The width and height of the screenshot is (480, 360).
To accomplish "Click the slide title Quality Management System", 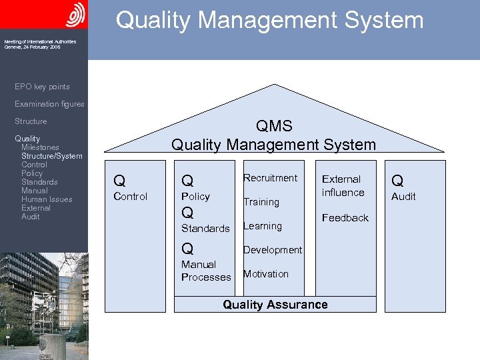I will (x=269, y=20).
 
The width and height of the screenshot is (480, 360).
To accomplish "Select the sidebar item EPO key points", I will (x=42, y=87).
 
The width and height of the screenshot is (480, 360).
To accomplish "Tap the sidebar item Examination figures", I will (x=49, y=104).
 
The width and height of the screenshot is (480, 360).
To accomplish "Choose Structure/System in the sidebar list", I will (x=52, y=156).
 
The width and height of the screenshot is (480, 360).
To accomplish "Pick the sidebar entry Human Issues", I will (x=47, y=199).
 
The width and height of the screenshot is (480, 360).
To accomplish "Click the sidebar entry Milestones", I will (x=40, y=147).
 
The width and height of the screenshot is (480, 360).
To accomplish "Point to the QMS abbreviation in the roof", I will (x=273, y=126).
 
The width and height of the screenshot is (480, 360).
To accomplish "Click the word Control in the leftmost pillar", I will (x=131, y=197).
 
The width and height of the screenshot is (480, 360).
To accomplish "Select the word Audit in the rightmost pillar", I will (x=403, y=197).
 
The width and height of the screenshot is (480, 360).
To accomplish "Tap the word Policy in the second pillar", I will (x=195, y=197).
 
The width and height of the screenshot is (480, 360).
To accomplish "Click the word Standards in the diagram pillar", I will (x=205, y=229).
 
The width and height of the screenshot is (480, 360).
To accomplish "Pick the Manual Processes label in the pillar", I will (x=206, y=271).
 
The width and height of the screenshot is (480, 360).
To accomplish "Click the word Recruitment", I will (x=270, y=178).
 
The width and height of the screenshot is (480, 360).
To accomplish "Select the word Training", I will (x=261, y=202).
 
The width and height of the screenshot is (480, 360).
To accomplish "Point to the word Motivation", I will (x=265, y=274).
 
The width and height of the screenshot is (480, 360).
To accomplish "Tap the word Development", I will (x=272, y=250).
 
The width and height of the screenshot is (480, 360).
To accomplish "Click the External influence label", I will (x=343, y=186).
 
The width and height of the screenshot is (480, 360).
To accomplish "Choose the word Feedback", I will (x=345, y=218).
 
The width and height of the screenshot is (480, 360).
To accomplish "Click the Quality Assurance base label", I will (x=275, y=305).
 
